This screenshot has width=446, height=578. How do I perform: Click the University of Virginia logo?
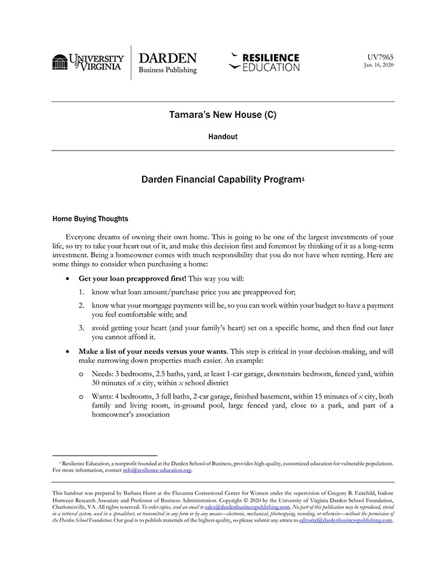click(88, 63)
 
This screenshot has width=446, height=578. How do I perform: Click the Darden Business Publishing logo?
click(168, 63)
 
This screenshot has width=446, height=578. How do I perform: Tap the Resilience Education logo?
click(264, 63)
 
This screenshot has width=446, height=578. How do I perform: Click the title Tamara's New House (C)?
click(222, 115)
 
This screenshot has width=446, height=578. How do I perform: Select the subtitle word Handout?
click(222, 137)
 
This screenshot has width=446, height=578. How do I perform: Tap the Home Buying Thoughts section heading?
click(90, 219)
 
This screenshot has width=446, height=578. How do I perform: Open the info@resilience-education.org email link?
click(157, 470)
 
